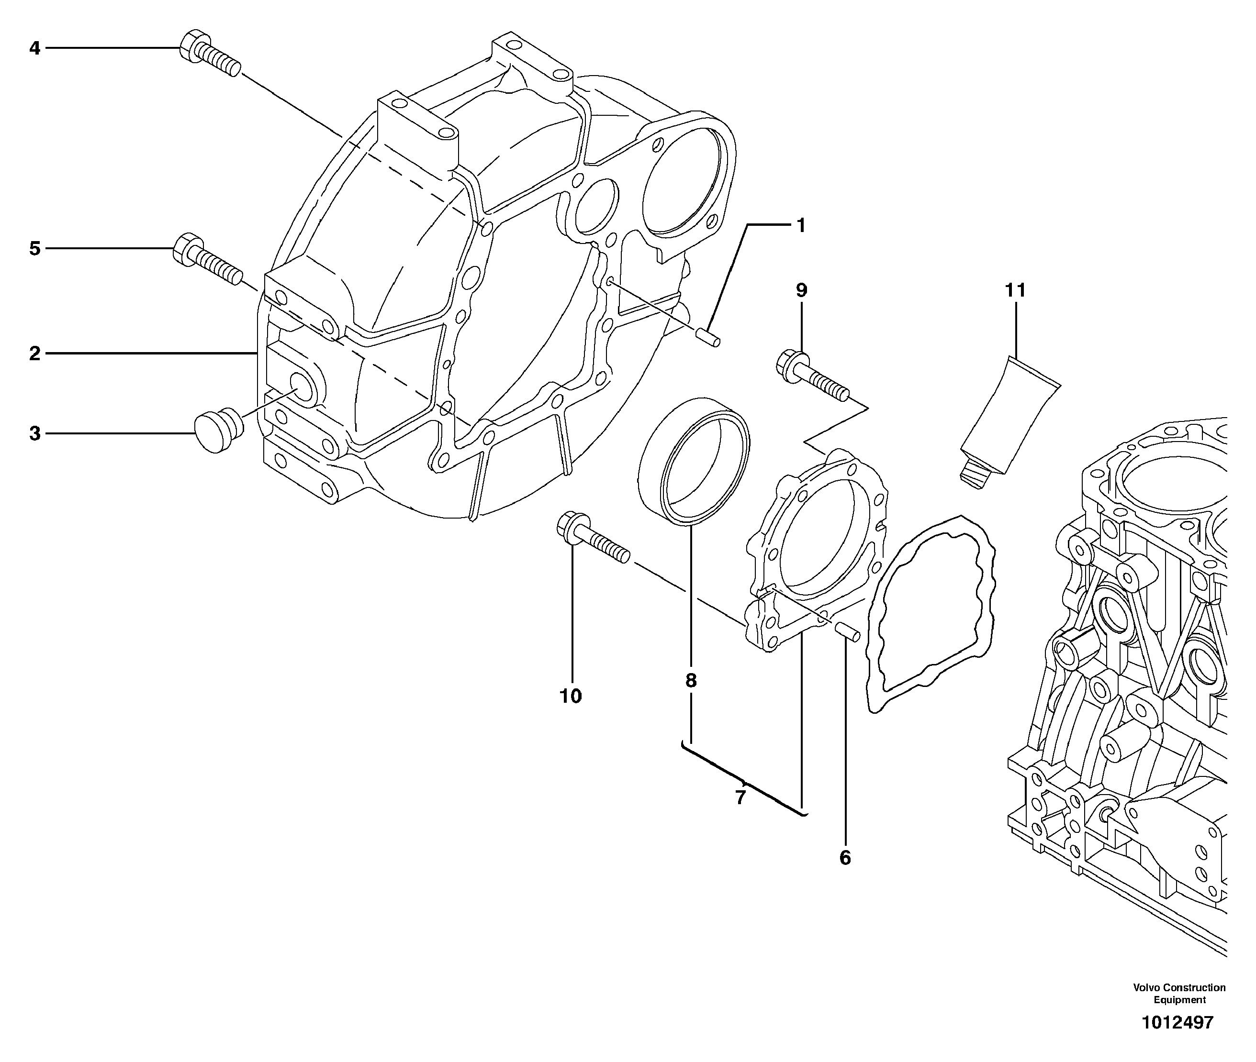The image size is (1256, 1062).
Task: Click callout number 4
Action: tap(34, 48)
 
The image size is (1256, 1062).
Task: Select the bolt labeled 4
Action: tap(210, 54)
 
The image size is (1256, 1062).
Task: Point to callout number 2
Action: tap(34, 354)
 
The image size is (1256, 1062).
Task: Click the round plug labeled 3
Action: tap(218, 430)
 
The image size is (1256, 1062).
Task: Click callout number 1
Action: tap(801, 226)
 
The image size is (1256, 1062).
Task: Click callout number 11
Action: tap(1015, 291)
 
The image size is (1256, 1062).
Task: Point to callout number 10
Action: tap(571, 697)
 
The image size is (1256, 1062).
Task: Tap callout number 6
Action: tap(844, 858)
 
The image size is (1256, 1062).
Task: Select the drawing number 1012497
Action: tap(1177, 1022)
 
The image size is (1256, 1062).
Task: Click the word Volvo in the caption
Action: tap(1146, 987)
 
